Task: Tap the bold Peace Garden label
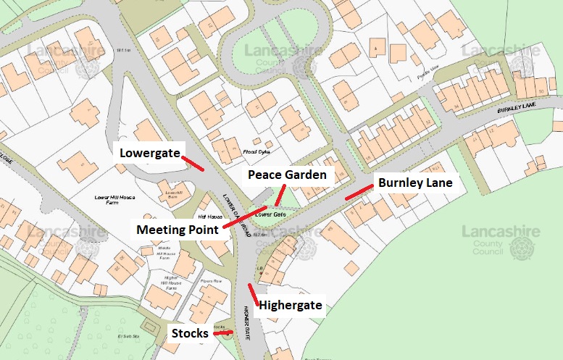coord(287,175)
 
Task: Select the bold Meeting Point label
coord(177,230)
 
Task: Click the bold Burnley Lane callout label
coord(415,183)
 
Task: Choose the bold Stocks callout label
coord(190,333)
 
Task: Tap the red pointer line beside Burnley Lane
coord(359,192)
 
